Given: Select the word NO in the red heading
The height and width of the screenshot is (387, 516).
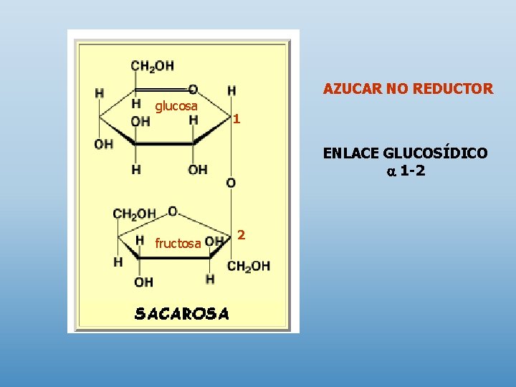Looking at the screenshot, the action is tap(396, 89).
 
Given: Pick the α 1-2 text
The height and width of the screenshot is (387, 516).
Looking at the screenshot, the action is tap(406, 171).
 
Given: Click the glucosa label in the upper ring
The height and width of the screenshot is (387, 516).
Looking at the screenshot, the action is tap(176, 106).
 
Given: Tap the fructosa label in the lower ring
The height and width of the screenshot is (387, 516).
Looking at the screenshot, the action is tap(178, 244).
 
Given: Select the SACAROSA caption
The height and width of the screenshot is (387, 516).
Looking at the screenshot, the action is tap(182, 313).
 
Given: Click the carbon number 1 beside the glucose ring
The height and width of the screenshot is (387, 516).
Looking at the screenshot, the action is tap(236, 119).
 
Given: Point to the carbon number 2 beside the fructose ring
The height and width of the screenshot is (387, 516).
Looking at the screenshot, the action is tap(242, 235).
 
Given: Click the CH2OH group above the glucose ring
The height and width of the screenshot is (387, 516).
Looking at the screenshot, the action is tap(152, 66).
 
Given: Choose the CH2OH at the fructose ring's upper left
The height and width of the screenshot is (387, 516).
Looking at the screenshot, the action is tap(134, 214).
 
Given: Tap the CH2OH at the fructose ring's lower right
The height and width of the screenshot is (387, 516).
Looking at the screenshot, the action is tap(249, 266).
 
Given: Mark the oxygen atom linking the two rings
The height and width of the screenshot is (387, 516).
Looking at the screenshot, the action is tap(231, 183).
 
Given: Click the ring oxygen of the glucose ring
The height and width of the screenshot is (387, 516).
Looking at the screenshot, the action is tap(192, 90).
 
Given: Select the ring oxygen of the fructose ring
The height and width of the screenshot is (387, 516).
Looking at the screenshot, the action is tap(172, 211).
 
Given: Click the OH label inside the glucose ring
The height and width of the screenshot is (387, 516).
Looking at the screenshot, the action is tap(140, 121).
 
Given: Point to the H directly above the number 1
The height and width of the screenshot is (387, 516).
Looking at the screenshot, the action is tap(231, 91).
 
